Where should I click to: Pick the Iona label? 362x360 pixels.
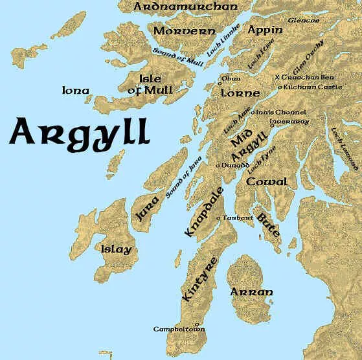click(75, 91)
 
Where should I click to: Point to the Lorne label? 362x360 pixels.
click(240, 93)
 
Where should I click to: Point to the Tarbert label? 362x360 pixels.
click(236, 218)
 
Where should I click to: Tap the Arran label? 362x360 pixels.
click(252, 292)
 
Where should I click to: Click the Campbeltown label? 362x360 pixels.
click(179, 329)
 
